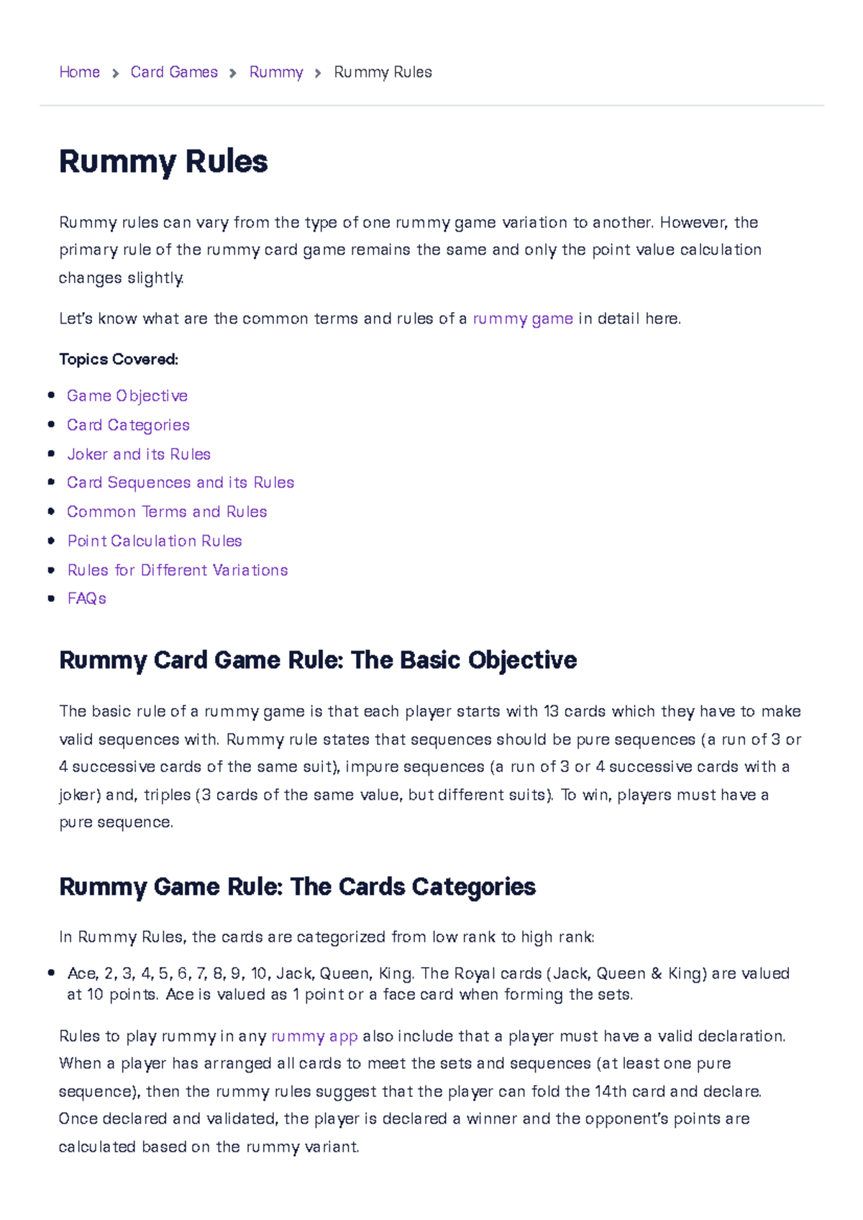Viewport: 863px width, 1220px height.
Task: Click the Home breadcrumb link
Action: pos(79,72)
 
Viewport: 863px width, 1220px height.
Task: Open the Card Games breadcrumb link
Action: pos(174,72)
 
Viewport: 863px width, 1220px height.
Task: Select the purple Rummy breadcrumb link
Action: pos(276,72)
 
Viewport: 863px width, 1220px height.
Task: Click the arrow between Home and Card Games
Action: pos(115,73)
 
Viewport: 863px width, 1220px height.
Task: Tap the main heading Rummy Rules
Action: pos(163,161)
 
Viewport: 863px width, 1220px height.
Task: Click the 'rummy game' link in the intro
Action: pos(523,318)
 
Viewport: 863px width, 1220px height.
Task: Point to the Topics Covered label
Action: pos(119,359)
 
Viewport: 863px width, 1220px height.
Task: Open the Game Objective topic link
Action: pos(127,395)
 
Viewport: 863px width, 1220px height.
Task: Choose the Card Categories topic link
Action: pos(128,425)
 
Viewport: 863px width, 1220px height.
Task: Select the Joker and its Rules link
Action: pos(139,454)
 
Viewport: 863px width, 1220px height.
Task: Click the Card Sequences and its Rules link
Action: pos(181,482)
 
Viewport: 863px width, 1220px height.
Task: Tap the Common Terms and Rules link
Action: pos(167,512)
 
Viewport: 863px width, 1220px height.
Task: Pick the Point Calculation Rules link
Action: pos(155,541)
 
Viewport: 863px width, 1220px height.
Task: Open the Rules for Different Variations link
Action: pos(178,570)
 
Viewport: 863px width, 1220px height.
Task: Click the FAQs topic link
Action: pos(86,598)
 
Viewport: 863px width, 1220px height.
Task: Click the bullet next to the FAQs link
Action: pos(51,598)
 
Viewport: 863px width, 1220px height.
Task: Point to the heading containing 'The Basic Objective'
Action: pos(318,660)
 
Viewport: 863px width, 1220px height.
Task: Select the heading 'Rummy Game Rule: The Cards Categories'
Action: pos(297,886)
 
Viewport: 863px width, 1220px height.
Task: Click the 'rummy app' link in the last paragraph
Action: pos(314,1036)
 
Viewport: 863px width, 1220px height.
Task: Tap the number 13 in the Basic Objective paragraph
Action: pos(551,711)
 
